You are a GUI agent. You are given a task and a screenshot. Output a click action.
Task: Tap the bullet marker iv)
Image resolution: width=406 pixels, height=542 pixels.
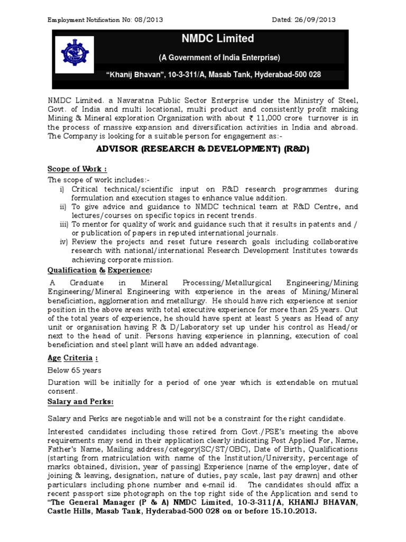pos(64,242)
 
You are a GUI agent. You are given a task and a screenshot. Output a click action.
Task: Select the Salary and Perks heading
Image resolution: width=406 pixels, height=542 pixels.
pos(80,402)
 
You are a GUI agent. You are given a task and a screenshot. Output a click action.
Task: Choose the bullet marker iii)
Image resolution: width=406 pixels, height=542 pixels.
pos(64,224)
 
